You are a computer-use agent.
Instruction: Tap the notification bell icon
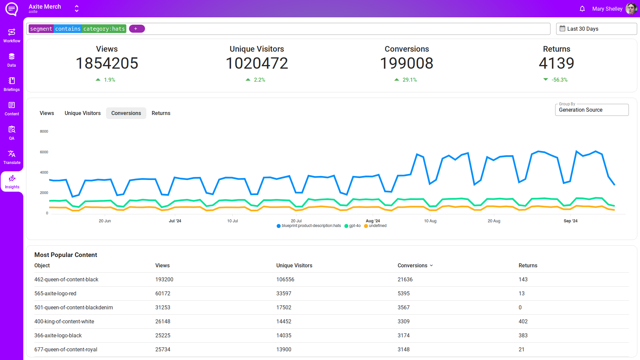click(x=582, y=9)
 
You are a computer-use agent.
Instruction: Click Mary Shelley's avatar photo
click(x=631, y=9)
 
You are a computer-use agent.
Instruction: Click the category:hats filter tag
click(x=104, y=29)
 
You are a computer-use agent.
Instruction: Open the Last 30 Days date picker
click(x=596, y=29)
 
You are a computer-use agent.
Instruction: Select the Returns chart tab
click(x=161, y=113)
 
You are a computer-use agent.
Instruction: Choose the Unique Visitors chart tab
click(x=82, y=113)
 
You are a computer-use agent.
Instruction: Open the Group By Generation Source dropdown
click(x=591, y=110)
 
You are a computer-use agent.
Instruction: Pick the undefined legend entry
click(x=376, y=226)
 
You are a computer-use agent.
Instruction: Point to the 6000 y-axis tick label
click(x=44, y=152)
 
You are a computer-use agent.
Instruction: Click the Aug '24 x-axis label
click(x=373, y=221)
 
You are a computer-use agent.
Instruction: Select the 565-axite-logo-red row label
click(x=55, y=294)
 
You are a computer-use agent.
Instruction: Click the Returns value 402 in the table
click(x=523, y=322)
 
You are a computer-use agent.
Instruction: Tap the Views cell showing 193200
click(x=164, y=280)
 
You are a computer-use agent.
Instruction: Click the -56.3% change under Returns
click(x=559, y=80)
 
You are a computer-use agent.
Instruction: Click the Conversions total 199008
click(x=406, y=63)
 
